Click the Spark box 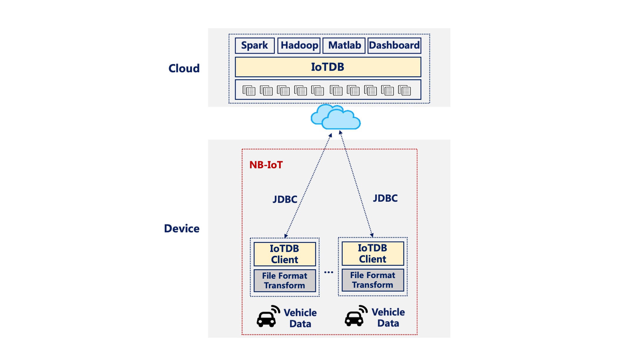click(255, 46)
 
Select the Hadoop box click(299, 46)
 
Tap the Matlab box click(344, 46)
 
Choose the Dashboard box click(394, 46)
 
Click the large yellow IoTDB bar click(328, 67)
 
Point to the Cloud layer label click(184, 68)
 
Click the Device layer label click(182, 228)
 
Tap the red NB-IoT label click(266, 165)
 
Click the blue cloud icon click(336, 117)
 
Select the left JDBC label click(285, 199)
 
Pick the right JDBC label click(385, 198)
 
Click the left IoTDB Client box click(284, 254)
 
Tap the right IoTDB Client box click(373, 253)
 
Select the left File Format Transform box click(284, 281)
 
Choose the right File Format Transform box click(373, 280)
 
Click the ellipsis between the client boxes click(329, 272)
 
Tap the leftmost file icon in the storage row click(249, 90)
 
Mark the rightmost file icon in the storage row click(404, 90)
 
